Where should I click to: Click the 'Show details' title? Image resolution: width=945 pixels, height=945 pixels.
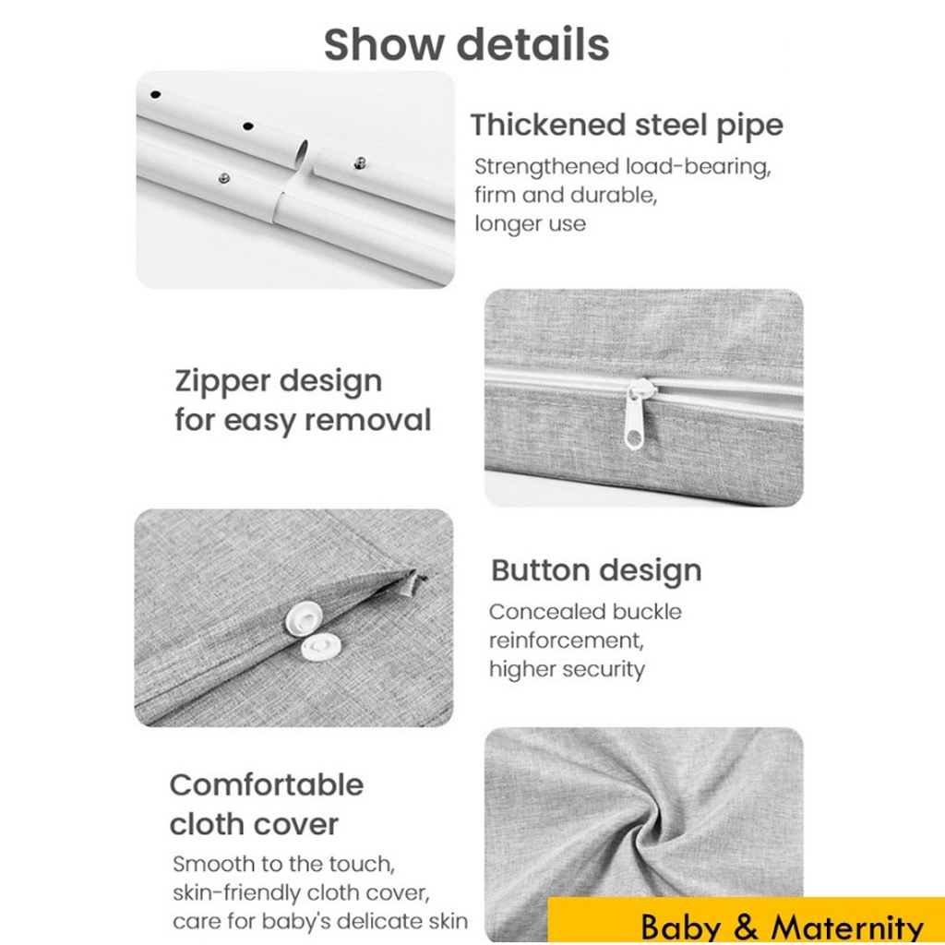pos(466,44)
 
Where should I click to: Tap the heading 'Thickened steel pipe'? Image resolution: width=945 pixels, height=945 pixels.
pos(627,126)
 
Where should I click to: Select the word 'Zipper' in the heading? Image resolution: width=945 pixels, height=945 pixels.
pos(221,382)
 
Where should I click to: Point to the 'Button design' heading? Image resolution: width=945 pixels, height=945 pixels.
pos(596,570)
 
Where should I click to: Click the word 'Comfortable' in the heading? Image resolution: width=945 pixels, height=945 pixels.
pos(267,784)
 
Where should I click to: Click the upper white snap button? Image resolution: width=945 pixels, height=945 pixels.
pos(304,617)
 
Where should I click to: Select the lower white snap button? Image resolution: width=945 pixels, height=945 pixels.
pos(319,649)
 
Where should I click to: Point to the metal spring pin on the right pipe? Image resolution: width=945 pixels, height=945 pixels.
pos(361,161)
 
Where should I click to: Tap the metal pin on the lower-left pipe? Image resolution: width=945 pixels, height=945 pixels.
pos(223,178)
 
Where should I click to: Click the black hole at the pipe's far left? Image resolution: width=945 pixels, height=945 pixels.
pos(155,95)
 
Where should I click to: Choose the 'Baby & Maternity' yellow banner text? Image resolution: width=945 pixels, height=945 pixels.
pos(782,927)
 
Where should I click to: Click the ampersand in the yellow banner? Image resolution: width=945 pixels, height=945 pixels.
pos(746,927)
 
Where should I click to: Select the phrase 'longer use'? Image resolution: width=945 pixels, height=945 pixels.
pos(530,223)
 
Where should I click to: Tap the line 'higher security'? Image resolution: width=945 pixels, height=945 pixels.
pos(567,670)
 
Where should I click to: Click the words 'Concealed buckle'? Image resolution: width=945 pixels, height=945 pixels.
pos(585,612)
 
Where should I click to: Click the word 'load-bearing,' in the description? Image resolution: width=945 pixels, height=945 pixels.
pos(698,167)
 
